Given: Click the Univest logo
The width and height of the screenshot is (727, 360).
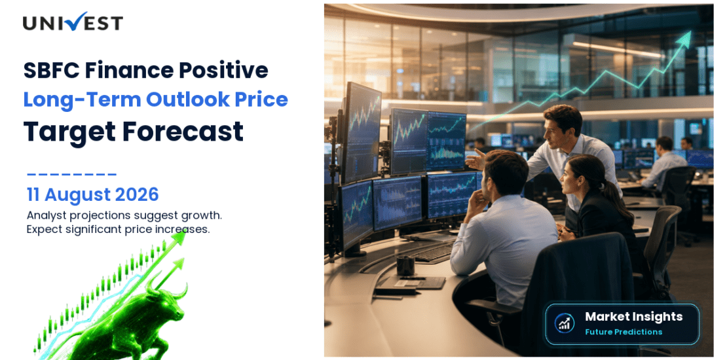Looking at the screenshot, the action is [73, 22].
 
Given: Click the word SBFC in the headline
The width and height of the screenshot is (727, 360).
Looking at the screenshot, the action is [50, 71].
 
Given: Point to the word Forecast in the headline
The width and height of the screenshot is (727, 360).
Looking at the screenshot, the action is [183, 131].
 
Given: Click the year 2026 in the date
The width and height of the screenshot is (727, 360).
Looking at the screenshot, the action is [137, 195].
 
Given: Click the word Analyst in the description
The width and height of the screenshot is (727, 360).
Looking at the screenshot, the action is [45, 216].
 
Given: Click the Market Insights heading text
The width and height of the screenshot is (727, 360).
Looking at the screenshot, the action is [634, 317].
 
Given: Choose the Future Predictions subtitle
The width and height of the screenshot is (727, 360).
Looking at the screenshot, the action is [624, 332].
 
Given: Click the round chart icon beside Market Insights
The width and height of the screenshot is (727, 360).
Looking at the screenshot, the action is [565, 323].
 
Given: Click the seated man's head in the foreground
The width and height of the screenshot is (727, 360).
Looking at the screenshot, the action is [506, 172].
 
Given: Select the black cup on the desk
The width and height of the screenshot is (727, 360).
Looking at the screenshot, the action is [405, 266].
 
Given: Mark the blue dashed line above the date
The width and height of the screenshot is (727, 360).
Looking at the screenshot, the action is [72, 175].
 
